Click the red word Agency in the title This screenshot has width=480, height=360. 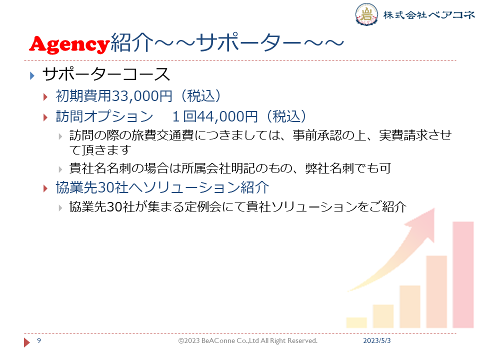point(69,44)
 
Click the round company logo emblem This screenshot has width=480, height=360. point(366,14)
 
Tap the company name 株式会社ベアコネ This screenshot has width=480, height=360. point(429,14)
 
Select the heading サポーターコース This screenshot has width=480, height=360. point(106,74)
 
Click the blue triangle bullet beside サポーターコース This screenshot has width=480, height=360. point(32,75)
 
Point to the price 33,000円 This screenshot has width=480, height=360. point(142,96)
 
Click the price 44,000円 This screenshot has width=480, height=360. point(227,116)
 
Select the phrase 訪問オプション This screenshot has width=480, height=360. point(104,116)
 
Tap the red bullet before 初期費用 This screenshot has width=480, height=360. point(45,97)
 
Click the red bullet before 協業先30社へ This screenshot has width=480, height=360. point(45,188)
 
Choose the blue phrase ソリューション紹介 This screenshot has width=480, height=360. point(206,187)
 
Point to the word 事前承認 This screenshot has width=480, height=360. point(317,135)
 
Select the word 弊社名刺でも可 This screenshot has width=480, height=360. point(348,168)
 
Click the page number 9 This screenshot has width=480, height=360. point(39,340)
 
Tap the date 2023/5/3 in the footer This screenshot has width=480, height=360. point(377,340)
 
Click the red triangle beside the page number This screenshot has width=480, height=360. point(27,342)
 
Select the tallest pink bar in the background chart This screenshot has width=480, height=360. point(463,274)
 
